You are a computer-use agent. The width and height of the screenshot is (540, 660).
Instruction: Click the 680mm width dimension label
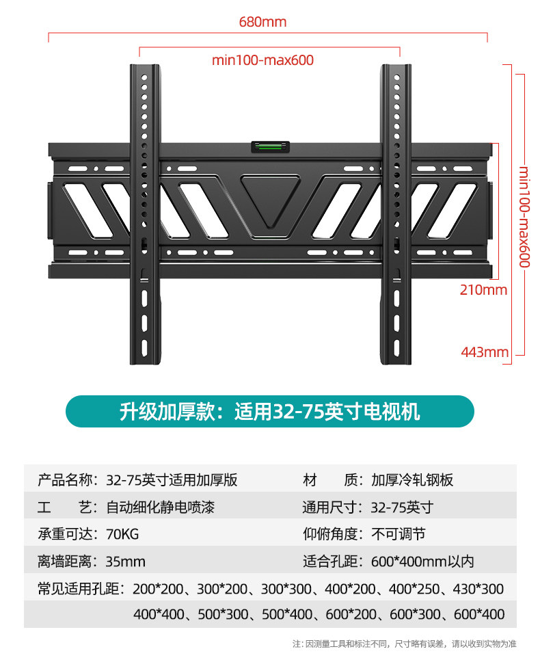(x=262, y=22)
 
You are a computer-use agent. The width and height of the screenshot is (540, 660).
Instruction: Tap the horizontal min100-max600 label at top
(x=262, y=60)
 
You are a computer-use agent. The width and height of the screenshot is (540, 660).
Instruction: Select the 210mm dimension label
(x=483, y=290)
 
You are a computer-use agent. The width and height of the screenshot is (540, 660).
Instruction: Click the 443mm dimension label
(x=485, y=352)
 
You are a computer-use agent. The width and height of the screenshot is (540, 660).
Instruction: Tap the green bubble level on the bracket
(x=271, y=146)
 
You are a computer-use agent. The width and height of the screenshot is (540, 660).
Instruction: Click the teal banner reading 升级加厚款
(x=269, y=412)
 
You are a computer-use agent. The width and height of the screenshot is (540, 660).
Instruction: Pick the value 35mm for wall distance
(x=125, y=562)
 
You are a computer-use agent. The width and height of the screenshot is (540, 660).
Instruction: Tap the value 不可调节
(x=398, y=534)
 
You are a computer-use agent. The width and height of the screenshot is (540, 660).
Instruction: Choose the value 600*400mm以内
(x=422, y=562)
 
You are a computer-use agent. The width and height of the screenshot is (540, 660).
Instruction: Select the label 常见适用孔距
(x=78, y=588)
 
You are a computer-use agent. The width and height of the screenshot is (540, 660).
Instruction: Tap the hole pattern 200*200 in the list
(x=159, y=588)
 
